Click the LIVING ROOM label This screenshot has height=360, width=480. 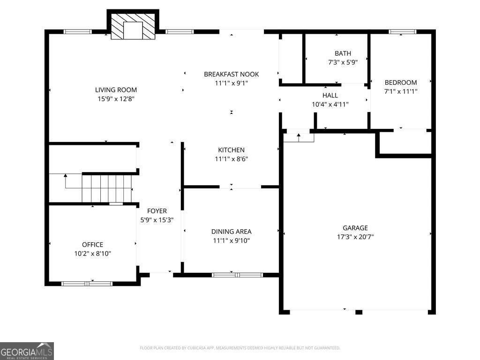(116, 90)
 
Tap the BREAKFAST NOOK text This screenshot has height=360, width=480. (232, 74)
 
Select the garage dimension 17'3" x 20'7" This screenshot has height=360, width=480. (355, 237)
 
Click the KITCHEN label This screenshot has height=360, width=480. (231, 150)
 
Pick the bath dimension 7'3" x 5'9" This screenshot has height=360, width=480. (343, 62)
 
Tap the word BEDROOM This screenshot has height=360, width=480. (401, 82)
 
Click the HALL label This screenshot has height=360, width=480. (330, 96)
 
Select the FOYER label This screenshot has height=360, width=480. (157, 211)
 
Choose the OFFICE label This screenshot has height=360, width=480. (92, 245)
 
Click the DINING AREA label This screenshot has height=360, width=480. (232, 232)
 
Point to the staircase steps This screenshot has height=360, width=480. (106, 188)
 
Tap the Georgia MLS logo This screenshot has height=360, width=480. (27, 351)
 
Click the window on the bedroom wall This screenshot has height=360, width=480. (402, 31)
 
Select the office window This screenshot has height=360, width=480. (87, 284)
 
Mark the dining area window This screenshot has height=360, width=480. (237, 275)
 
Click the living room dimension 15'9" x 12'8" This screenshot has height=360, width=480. (116, 99)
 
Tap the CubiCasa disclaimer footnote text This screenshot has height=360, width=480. (240, 348)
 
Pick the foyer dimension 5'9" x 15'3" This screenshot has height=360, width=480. (157, 220)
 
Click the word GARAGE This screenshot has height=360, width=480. (355, 228)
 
